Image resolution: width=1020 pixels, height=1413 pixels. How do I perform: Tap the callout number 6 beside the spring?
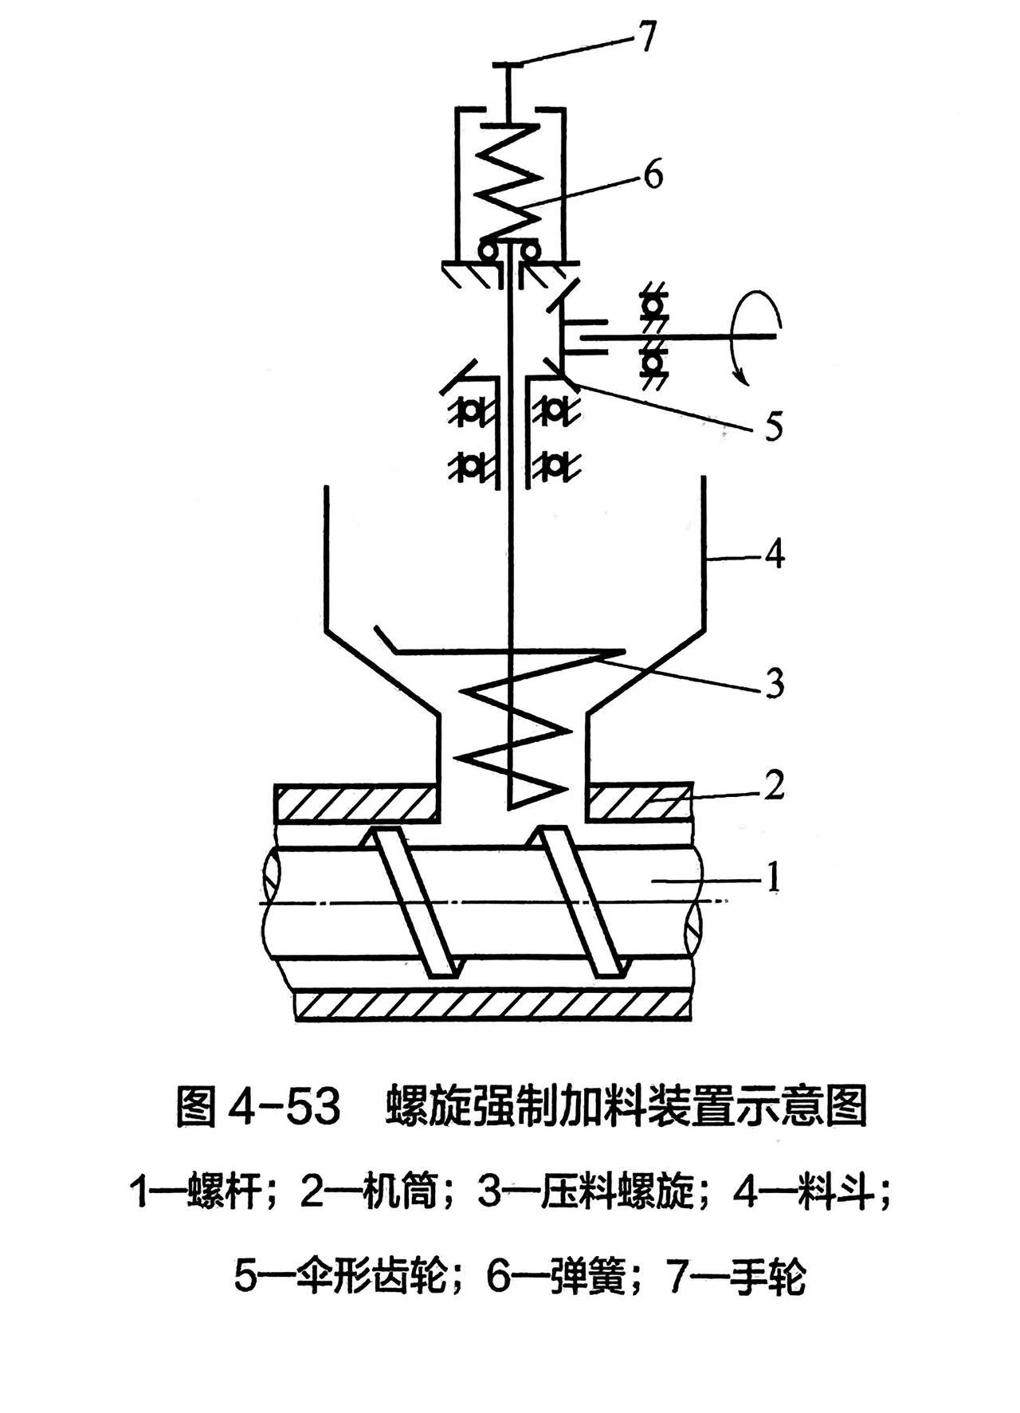click(653, 175)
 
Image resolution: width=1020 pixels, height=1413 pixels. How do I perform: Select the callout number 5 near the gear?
click(772, 426)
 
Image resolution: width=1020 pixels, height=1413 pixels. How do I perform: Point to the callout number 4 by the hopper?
click(773, 553)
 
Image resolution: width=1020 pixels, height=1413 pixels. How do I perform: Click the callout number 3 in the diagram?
click(774, 684)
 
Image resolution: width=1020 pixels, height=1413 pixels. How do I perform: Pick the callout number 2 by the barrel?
click(774, 784)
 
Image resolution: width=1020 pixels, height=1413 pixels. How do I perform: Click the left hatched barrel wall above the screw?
click(356, 803)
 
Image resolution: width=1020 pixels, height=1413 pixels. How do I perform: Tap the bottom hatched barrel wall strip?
click(492, 1006)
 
